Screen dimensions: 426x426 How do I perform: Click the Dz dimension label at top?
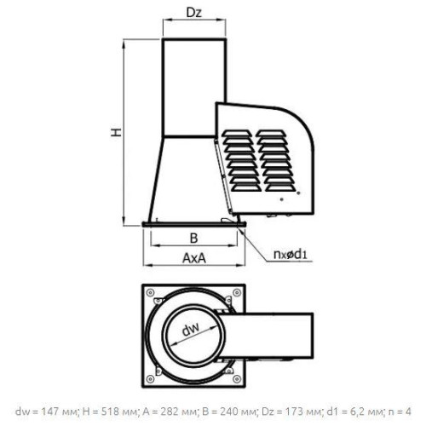(x=194, y=13)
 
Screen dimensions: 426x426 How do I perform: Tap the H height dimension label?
(x=116, y=132)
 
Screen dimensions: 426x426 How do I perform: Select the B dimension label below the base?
(x=193, y=238)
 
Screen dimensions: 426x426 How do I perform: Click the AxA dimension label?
(x=194, y=258)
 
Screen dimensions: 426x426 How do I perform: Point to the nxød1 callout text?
(x=291, y=254)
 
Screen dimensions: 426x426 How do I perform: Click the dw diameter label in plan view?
(x=191, y=329)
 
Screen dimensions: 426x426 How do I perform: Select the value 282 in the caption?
(x=170, y=411)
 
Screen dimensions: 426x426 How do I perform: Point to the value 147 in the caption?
(x=49, y=411)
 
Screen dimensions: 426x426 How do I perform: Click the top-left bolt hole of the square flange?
(x=151, y=292)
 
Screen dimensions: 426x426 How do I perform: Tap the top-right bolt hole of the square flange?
(x=237, y=292)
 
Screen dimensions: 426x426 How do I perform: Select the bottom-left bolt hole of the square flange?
(x=151, y=378)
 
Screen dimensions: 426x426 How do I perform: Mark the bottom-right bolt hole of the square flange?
(x=237, y=378)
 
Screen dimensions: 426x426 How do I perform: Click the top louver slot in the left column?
(x=237, y=133)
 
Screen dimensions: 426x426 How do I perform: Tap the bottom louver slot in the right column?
(x=280, y=187)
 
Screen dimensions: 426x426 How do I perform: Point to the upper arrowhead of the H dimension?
(x=124, y=44)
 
